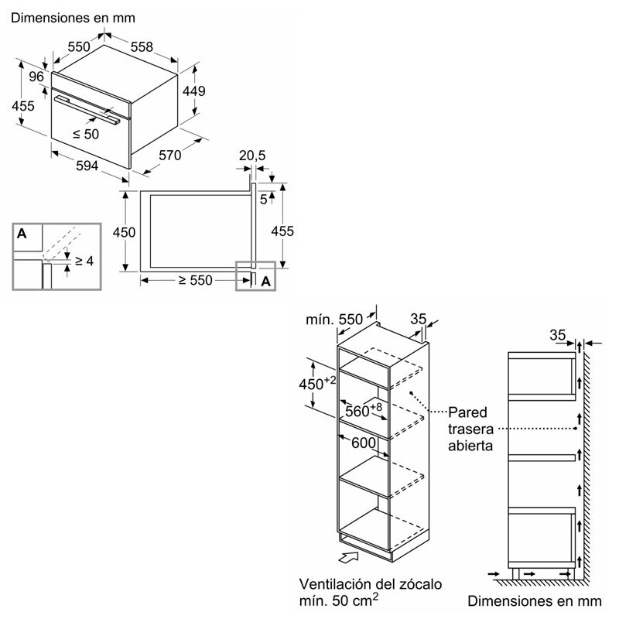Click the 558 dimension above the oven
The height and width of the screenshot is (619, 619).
(142, 47)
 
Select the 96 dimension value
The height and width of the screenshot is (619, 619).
(35, 77)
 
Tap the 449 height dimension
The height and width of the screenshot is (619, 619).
(193, 91)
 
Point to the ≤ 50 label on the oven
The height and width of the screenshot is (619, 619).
(87, 134)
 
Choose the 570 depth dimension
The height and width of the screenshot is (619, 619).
(169, 156)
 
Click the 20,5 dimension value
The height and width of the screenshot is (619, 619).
(252, 156)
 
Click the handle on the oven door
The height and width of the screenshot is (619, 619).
(87, 108)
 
